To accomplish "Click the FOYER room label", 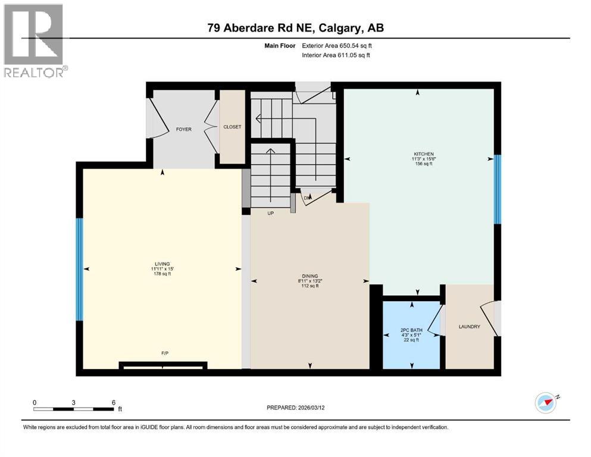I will (183, 129).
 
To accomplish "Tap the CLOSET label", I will (232, 127).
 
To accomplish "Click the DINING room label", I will (309, 276).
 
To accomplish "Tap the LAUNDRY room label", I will (469, 327).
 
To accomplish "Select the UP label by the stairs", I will (270, 213).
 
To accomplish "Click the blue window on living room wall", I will (79, 270).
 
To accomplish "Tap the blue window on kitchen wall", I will (498, 189).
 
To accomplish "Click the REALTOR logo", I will (34, 40).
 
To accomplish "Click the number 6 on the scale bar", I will (113, 402).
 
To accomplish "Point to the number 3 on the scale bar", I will (73, 402).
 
